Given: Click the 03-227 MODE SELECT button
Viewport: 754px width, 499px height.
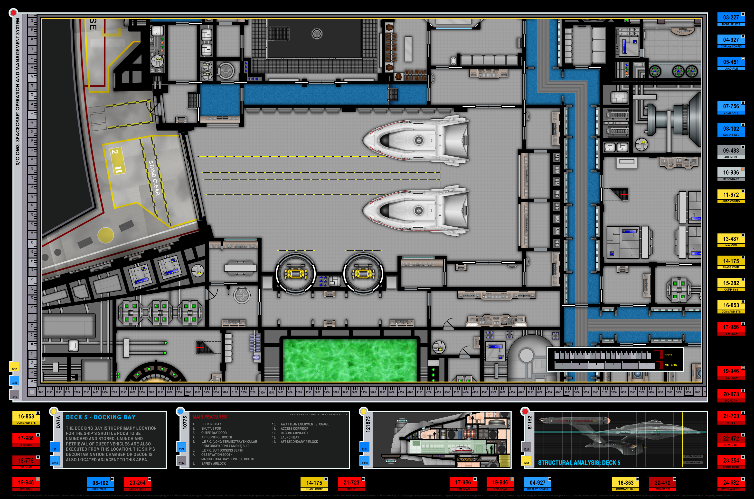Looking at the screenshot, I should (730, 19).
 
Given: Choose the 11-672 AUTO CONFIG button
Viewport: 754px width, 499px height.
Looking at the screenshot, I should (730, 196).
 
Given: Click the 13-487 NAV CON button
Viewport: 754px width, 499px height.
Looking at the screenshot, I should (730, 241).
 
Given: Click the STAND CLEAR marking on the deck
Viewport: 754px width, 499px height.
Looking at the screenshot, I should (154, 178).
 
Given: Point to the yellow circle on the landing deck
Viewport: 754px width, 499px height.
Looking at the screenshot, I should (105, 235).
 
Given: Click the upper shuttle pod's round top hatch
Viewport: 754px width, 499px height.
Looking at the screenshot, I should (419, 140).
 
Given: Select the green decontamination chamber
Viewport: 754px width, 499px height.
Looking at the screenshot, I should (349, 360).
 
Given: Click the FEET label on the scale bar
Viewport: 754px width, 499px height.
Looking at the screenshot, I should (668, 355).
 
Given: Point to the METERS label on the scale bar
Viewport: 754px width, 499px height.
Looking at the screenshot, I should (670, 365).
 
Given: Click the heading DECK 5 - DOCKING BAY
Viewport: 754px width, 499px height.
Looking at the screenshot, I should (101, 417).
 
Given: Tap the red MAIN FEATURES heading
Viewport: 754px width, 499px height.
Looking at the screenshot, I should (210, 417).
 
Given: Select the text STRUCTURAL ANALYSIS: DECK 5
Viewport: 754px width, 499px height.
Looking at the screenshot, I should (579, 463).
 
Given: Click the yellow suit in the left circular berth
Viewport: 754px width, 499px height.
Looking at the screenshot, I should (295, 273).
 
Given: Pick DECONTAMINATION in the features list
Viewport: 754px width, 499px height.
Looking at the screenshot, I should (294, 433).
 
